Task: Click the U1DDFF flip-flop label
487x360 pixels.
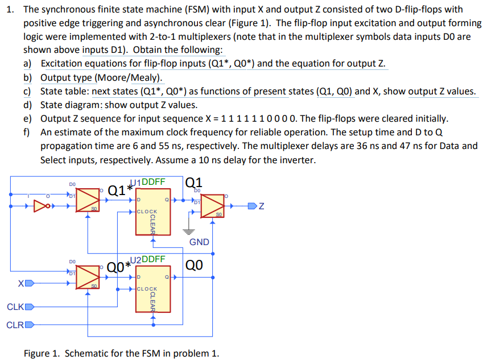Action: click(150, 182)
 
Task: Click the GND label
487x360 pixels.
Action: click(199, 242)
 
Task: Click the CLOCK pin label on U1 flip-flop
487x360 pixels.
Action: click(147, 212)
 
